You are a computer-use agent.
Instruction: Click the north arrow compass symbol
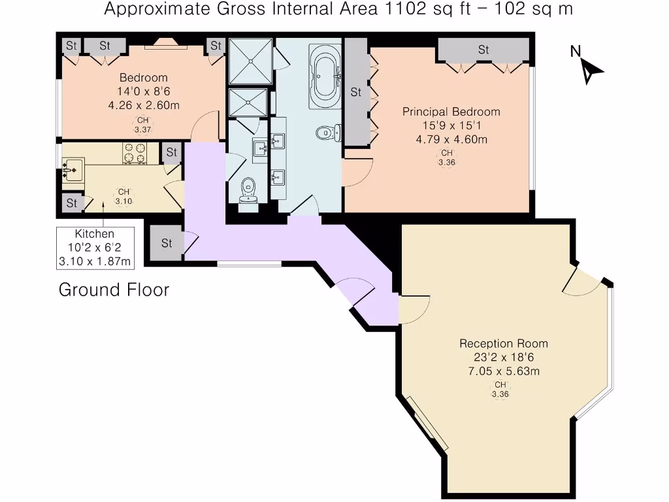(x=589, y=67)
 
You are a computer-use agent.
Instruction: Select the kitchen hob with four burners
(x=135, y=154)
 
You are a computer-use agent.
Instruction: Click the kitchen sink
(x=73, y=169)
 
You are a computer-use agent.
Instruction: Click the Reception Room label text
(x=503, y=344)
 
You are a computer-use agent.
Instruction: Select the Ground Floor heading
(x=114, y=290)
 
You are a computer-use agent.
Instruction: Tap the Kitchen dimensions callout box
(x=95, y=248)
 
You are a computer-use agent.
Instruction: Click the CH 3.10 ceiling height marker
(x=123, y=197)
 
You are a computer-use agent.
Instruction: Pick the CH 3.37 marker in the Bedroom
(x=142, y=125)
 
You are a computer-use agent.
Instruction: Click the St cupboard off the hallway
(x=167, y=243)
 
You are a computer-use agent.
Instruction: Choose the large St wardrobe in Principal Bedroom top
(x=483, y=50)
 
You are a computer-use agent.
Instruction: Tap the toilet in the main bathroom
(x=325, y=133)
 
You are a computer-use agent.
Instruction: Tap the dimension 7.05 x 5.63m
(x=503, y=371)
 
